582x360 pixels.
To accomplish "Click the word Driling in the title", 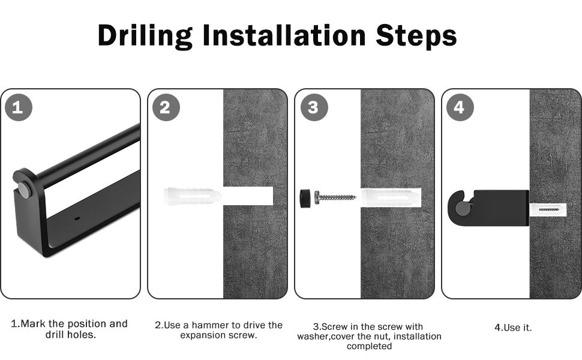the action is [x=145, y=36].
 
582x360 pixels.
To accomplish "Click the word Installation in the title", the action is [x=284, y=35].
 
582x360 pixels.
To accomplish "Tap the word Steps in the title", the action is [x=416, y=36].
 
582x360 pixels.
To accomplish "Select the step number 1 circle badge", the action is [x=19, y=107].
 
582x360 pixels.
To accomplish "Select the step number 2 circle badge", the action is [x=166, y=107].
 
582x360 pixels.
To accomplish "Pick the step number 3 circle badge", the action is [x=314, y=107].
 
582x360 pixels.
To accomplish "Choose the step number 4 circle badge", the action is [x=460, y=107].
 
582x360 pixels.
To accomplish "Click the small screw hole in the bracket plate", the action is [x=76, y=218].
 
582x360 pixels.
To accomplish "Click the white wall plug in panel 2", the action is [x=192, y=196].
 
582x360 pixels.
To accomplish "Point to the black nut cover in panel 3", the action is [x=305, y=198].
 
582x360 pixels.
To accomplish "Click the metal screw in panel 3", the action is [x=335, y=197].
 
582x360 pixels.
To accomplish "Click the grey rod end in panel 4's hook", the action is [x=463, y=208].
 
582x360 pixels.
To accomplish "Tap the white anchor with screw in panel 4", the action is [x=548, y=211].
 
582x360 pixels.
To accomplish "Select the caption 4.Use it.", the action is [x=513, y=328].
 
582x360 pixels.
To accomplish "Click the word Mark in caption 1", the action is [x=33, y=323].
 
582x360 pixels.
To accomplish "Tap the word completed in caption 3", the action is [x=370, y=346].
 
